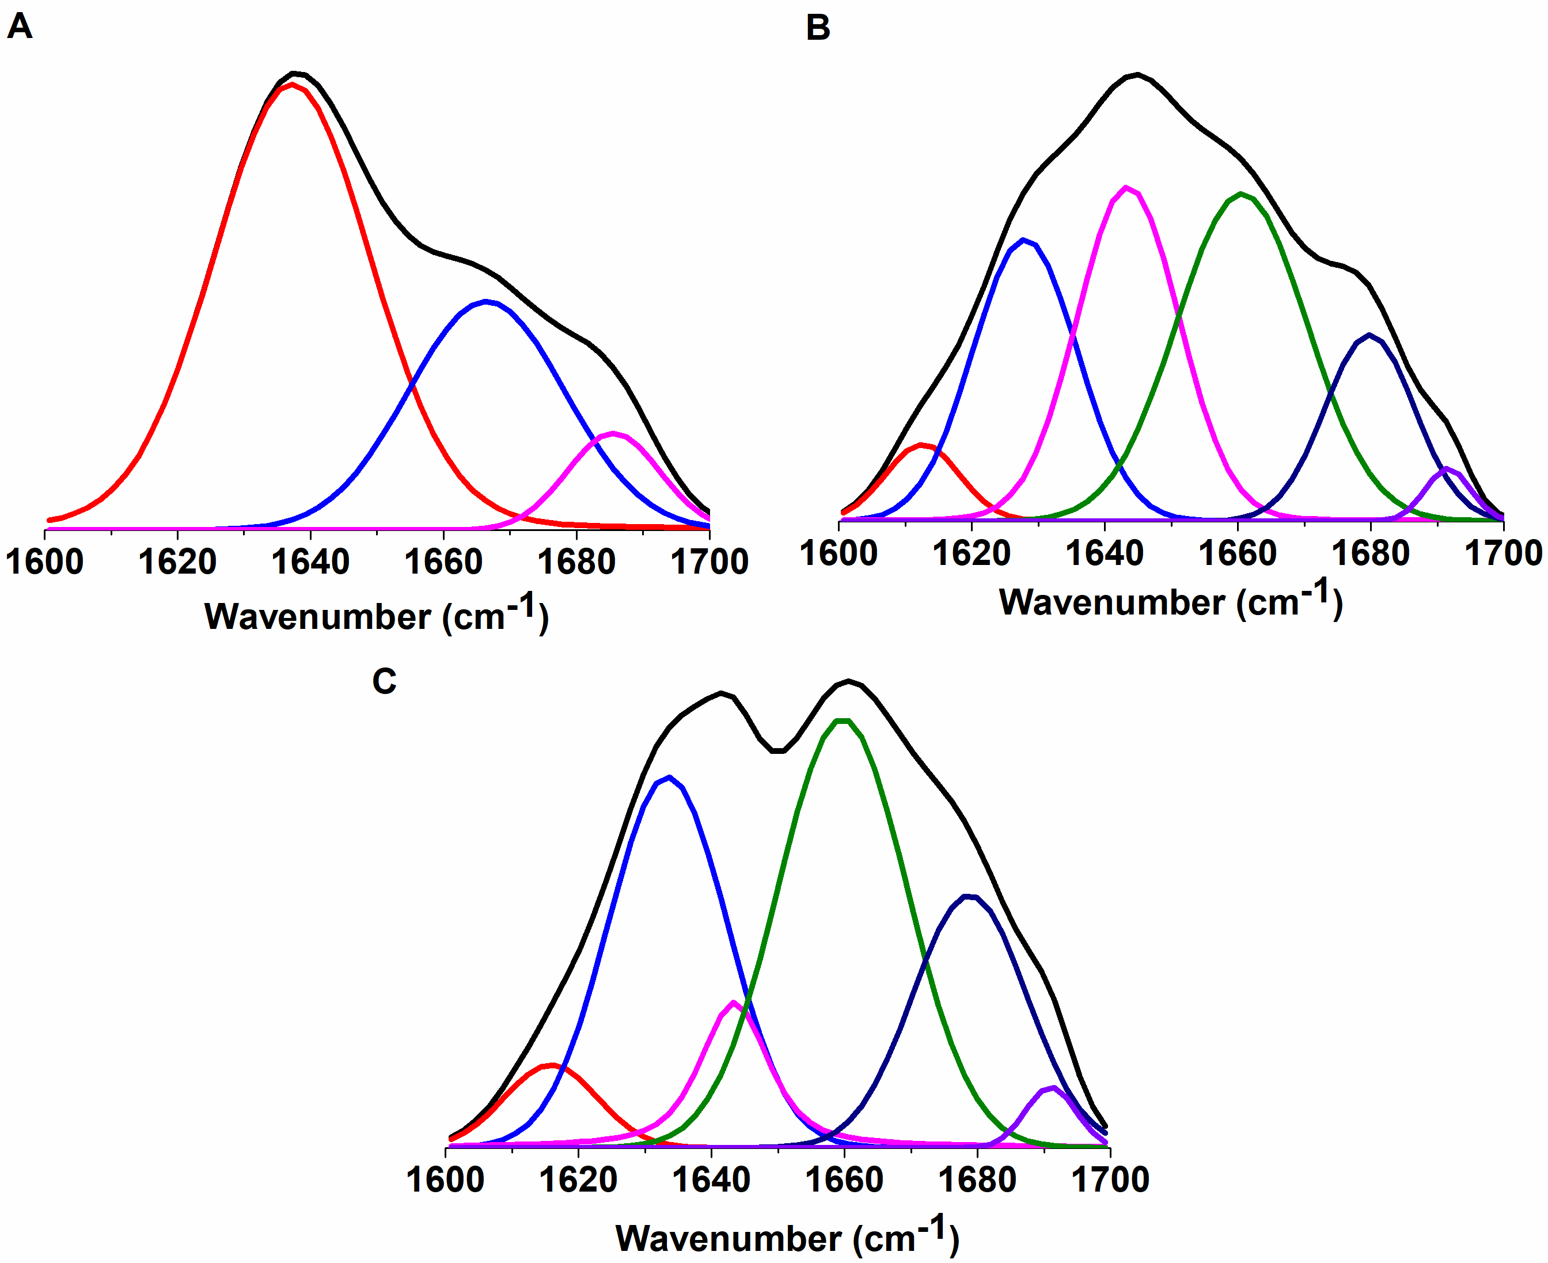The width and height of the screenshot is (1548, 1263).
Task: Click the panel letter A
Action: tap(20, 27)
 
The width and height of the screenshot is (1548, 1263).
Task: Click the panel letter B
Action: tap(818, 28)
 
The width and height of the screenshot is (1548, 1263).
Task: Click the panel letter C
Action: tap(384, 682)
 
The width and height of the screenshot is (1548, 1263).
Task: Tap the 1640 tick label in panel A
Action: tap(310, 562)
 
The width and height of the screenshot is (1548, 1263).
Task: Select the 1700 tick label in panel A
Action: tap(709, 562)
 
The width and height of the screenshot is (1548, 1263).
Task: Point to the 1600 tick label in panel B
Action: tap(838, 553)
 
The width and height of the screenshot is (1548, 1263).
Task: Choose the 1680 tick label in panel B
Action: tap(1371, 553)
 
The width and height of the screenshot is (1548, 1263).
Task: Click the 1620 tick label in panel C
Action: tap(578, 1179)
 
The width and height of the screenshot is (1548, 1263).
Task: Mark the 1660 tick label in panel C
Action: tap(844, 1179)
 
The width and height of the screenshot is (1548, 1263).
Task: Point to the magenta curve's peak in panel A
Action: tap(614, 434)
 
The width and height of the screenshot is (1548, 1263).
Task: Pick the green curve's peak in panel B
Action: tap(1241, 194)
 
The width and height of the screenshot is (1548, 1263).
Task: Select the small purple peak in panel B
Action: tap(1446, 469)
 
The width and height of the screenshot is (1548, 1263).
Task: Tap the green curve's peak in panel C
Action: tap(843, 720)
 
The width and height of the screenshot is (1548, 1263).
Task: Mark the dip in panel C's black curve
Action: tap(777, 751)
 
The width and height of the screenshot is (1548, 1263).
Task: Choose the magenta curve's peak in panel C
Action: tap(733, 1003)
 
